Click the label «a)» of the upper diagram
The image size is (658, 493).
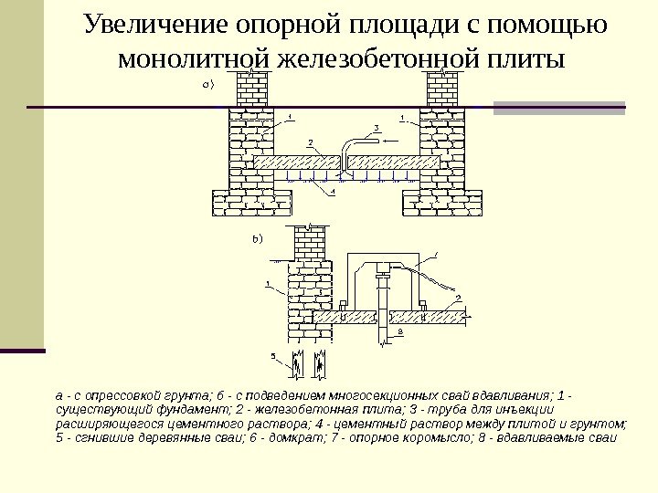[207, 85]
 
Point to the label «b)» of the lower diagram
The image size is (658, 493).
[256, 239]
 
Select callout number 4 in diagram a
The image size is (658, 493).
[333, 193]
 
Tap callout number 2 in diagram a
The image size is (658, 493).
[310, 142]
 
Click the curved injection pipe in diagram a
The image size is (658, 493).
[352, 146]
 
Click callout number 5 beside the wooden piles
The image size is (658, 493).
[272, 354]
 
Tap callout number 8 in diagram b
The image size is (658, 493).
[399, 333]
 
